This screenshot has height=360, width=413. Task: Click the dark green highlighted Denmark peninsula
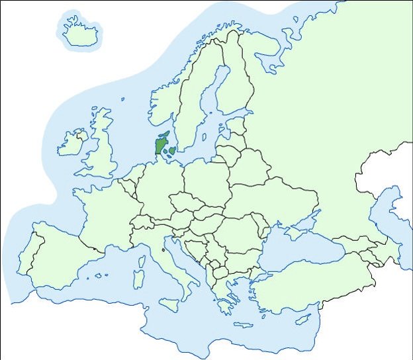click(161, 144)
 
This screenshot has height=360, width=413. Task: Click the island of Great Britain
click(102, 149)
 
